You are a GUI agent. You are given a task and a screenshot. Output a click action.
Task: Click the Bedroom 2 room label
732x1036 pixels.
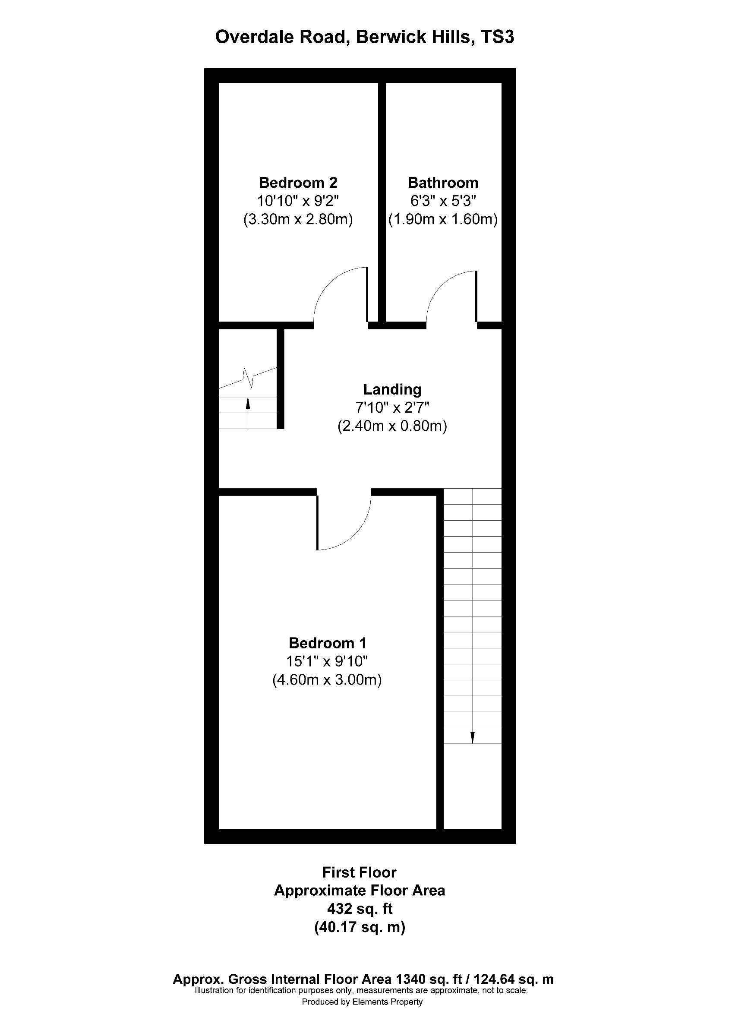click(x=298, y=183)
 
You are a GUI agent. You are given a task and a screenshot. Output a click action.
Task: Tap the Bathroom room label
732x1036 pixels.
click(x=442, y=183)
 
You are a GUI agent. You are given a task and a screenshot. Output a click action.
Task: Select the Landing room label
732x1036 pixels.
click(x=392, y=389)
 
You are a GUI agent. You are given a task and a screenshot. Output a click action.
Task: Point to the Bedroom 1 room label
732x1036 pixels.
click(x=327, y=643)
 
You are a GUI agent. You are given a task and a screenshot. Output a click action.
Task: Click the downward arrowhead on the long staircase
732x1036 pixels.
click(x=472, y=738)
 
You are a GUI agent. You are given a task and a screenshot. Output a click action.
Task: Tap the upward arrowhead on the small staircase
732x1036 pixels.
click(x=248, y=402)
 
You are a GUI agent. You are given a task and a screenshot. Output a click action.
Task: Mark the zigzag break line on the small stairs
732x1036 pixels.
click(x=248, y=378)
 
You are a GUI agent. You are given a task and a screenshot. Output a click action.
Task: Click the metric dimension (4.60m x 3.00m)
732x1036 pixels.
click(x=327, y=679)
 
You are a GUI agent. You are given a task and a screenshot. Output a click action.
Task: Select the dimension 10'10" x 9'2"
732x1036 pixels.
click(x=298, y=201)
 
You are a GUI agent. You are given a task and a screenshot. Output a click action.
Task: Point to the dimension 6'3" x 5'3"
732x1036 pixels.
click(x=442, y=201)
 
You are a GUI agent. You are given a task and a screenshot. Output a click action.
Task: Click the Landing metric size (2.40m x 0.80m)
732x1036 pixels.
click(x=392, y=426)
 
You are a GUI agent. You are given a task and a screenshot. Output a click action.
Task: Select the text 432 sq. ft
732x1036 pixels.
click(x=360, y=908)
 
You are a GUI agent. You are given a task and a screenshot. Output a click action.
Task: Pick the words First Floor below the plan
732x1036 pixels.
click(x=360, y=872)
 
